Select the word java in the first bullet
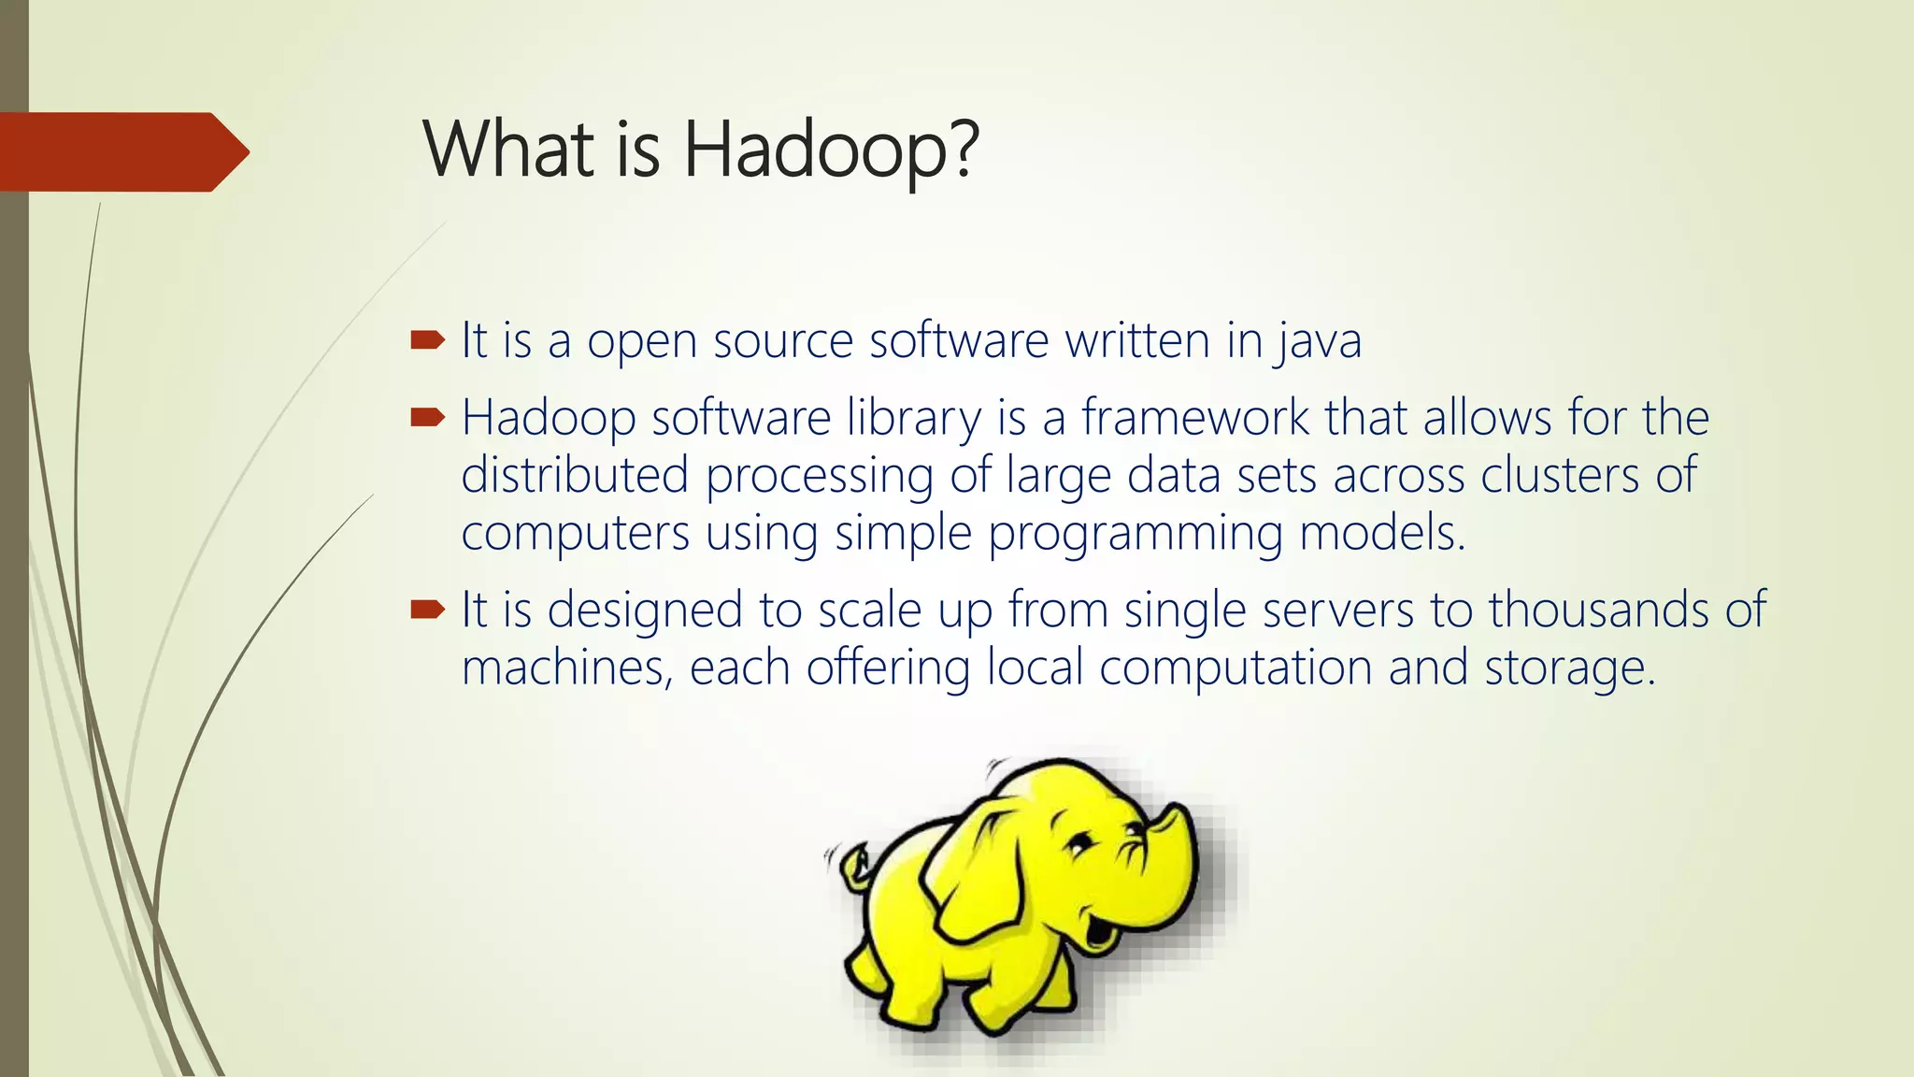1318,341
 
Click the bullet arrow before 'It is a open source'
427,340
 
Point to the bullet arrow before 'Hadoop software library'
427,417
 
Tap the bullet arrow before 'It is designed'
427,610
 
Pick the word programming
1135,534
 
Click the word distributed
575,475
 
